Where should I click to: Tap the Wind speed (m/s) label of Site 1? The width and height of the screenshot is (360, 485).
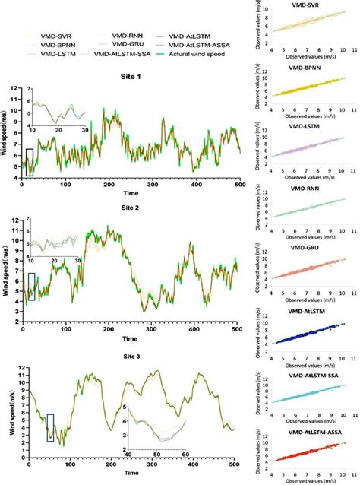(x=9, y=132)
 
